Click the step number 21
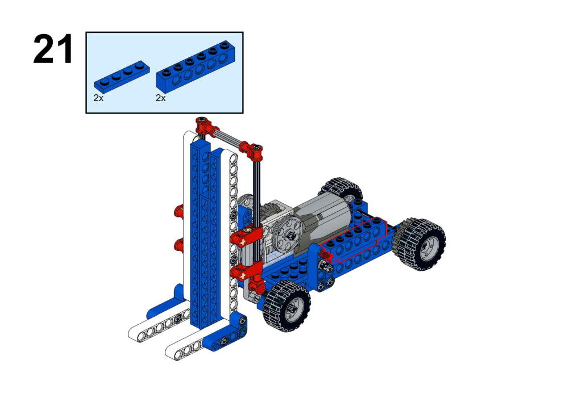(53, 49)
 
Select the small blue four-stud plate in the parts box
(122, 76)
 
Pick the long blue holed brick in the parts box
(196, 65)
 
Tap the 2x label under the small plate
(98, 98)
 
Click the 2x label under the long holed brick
(161, 98)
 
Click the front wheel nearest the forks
(286, 305)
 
